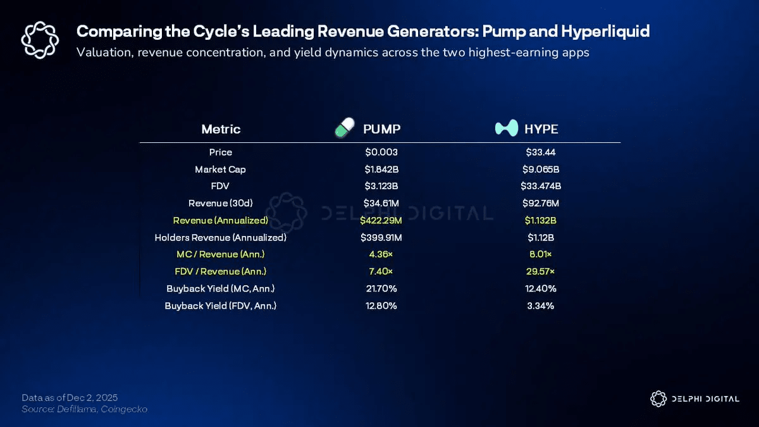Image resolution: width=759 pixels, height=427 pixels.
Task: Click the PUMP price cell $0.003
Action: (381, 152)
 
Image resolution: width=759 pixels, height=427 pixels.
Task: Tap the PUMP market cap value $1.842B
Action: (381, 170)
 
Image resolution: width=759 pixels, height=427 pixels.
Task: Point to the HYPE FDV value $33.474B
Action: (541, 187)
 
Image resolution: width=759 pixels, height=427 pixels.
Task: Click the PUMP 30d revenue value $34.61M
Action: (381, 204)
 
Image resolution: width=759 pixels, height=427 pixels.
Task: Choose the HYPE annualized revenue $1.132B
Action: (541, 221)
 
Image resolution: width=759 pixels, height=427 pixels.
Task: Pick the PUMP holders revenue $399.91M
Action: (381, 238)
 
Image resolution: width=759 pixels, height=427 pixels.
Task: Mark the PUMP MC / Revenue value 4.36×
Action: (381, 254)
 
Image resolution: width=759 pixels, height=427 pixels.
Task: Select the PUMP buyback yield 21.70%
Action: (381, 288)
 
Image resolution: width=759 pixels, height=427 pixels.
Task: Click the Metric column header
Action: (221, 129)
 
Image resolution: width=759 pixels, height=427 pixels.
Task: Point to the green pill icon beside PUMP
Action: (344, 128)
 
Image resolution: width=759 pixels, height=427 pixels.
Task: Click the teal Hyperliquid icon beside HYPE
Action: (506, 128)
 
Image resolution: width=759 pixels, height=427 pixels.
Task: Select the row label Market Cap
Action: (221, 170)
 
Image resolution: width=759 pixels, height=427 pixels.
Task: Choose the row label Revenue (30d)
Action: (221, 204)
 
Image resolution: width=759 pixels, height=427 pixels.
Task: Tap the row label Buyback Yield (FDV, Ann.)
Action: (221, 306)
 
